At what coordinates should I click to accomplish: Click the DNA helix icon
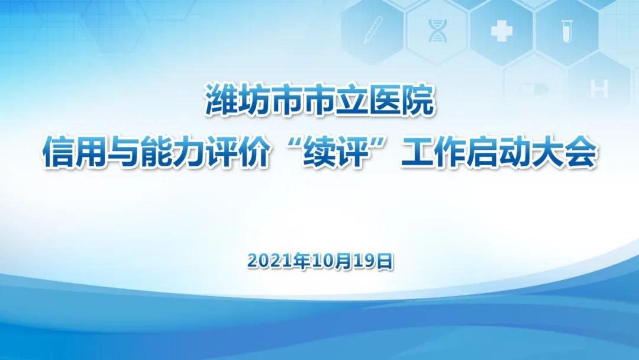437,31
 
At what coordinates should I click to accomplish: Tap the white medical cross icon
501,31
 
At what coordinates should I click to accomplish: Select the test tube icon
565,31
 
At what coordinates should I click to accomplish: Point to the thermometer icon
373,30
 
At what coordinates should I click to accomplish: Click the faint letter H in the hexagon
599,88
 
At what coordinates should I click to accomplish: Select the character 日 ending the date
384,261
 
